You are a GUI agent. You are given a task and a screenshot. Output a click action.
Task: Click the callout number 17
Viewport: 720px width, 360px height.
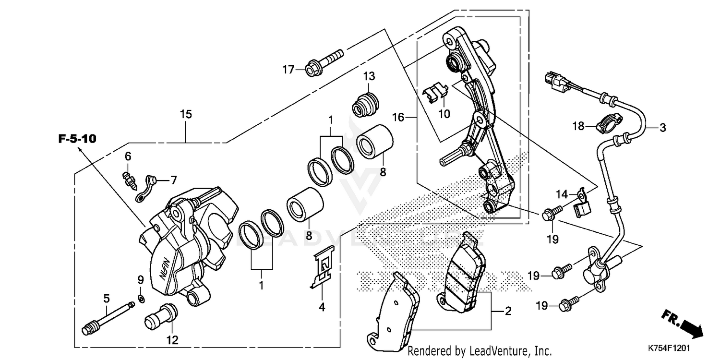(x=288, y=70)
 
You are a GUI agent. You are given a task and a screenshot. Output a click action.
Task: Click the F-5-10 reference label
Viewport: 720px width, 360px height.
(x=77, y=139)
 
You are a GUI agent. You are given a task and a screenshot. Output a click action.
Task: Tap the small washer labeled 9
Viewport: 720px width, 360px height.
(x=141, y=300)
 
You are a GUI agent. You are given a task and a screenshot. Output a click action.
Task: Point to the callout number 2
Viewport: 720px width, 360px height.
(x=508, y=312)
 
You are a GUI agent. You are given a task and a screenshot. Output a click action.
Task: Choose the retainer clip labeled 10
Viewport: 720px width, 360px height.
(x=436, y=93)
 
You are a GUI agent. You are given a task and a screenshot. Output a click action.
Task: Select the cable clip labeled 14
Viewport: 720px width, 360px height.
(x=582, y=202)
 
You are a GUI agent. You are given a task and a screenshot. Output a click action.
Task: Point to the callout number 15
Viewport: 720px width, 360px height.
(x=186, y=114)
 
